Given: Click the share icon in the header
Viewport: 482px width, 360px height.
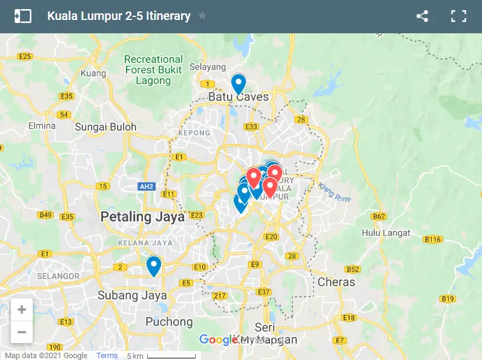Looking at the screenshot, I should (422, 16).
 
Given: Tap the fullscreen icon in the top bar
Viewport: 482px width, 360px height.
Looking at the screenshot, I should (458, 16).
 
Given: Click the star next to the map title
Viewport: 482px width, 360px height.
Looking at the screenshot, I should (202, 16).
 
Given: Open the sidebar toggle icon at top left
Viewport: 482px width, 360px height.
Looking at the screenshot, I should (22, 16).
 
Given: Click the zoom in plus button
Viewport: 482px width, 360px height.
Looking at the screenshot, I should (22, 310).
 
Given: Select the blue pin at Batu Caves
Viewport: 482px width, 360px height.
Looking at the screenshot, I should (239, 83).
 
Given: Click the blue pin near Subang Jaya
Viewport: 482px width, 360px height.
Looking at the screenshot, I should (154, 265).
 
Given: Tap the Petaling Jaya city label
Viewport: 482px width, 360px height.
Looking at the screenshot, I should (142, 217).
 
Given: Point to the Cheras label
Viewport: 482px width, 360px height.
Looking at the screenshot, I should (336, 282).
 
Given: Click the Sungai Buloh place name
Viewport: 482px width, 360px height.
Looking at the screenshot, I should (106, 127).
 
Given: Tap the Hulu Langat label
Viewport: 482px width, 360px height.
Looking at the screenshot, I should (386, 233).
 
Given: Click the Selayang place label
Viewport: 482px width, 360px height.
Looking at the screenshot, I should (207, 67).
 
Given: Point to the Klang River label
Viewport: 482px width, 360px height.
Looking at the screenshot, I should (335, 192).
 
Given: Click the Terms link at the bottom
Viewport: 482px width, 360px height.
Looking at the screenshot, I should (107, 356).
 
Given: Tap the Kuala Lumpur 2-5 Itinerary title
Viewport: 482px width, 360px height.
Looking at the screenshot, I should (119, 16).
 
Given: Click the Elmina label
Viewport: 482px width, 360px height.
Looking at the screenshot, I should (42, 126).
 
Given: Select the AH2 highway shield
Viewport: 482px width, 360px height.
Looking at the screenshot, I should (147, 187).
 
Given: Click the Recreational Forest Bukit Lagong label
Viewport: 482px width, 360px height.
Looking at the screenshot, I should (153, 70).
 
